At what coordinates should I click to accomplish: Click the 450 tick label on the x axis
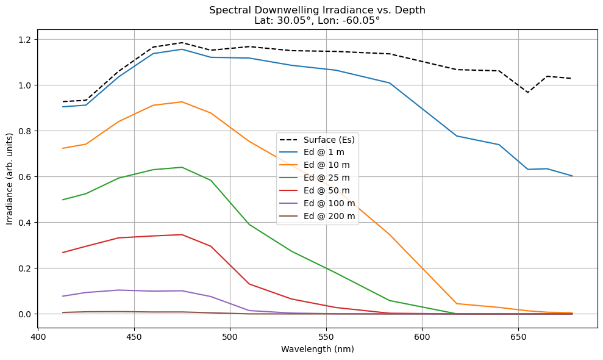pyautogui.click(x=134, y=336)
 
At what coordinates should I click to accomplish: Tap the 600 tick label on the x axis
pyautogui.click(x=422, y=336)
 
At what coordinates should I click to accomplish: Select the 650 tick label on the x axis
pyautogui.click(x=518, y=336)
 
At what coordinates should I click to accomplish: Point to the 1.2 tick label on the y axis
pyautogui.click(x=24, y=40)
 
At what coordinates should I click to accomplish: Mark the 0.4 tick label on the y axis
pyautogui.click(x=24, y=223)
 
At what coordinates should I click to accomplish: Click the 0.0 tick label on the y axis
pyautogui.click(x=24, y=314)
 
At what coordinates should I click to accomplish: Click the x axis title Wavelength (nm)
pyautogui.click(x=317, y=350)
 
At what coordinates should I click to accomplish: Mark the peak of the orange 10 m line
pyautogui.click(x=182, y=102)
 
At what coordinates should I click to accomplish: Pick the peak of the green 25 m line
pyautogui.click(x=182, y=167)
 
